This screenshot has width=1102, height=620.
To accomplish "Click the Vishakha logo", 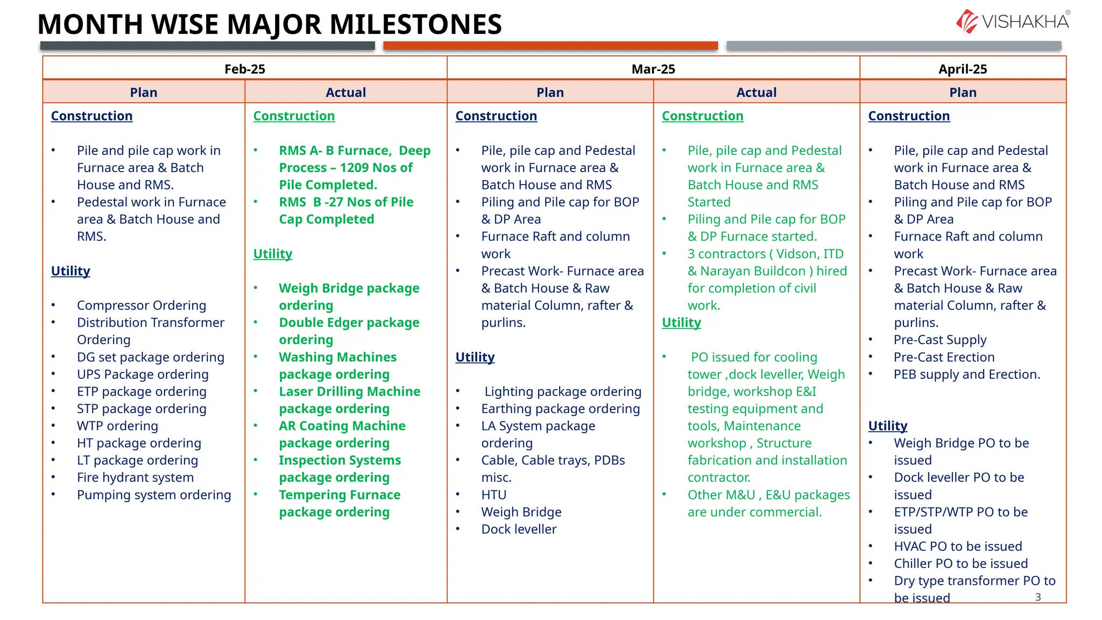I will pyautogui.click(x=1013, y=22).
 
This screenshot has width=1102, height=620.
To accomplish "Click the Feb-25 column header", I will pyautogui.click(x=244, y=69).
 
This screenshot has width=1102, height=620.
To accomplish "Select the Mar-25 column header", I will pyautogui.click(x=653, y=69).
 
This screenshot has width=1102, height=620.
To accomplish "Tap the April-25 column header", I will pyautogui.click(x=962, y=69).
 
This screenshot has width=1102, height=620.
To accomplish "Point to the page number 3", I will pyautogui.click(x=1038, y=597).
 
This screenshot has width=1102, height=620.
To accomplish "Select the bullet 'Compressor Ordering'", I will pyautogui.click(x=142, y=306).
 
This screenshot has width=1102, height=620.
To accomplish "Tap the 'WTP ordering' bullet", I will pyautogui.click(x=117, y=426).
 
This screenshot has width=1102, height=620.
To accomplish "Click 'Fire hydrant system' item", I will pyautogui.click(x=135, y=478).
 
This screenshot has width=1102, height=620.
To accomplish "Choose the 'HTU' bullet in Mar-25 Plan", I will pyautogui.click(x=493, y=495).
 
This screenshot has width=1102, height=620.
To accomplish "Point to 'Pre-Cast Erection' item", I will pyautogui.click(x=944, y=357).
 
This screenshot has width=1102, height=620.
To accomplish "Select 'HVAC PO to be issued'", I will pyautogui.click(x=958, y=547).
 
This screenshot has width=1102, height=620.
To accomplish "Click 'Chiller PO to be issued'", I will pyautogui.click(x=960, y=564).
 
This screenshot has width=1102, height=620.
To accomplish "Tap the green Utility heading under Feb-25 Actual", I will pyautogui.click(x=273, y=254).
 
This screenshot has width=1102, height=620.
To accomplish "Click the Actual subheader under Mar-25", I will pyautogui.click(x=756, y=93).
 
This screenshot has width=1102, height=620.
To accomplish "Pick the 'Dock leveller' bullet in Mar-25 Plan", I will pyautogui.click(x=519, y=530).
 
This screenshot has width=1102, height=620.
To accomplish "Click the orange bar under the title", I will pyautogui.click(x=550, y=46).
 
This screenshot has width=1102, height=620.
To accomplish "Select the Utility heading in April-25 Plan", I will pyautogui.click(x=887, y=426).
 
